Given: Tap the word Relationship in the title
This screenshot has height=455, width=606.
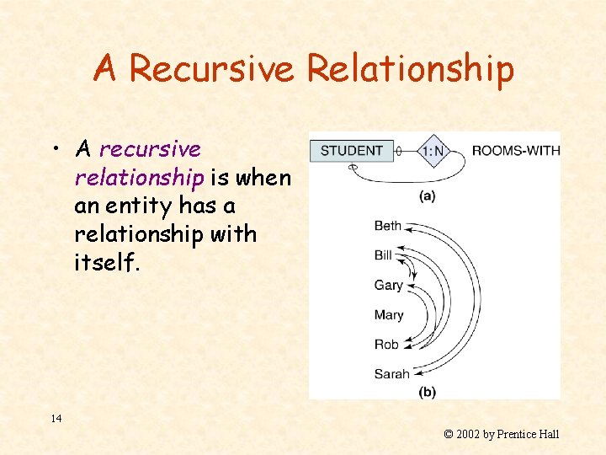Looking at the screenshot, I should point(410,68).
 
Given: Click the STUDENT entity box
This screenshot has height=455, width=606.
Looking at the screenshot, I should point(351,151).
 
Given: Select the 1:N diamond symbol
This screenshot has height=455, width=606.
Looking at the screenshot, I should point(433,152).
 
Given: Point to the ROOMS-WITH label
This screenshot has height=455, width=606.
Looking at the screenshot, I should point(515,151).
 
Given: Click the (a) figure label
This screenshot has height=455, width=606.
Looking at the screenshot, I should point(428,195).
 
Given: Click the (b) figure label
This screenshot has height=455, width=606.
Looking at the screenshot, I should point(428,391).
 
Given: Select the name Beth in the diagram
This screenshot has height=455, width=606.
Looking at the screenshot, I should point(388,226).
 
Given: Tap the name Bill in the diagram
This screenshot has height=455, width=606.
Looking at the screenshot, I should point(383,255).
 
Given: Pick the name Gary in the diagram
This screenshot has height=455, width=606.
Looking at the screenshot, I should point(388,285).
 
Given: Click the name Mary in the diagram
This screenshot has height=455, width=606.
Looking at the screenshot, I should point(388,314).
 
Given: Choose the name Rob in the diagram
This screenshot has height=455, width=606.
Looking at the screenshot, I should point(385,344).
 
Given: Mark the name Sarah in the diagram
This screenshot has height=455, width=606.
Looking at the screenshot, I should point(391,373).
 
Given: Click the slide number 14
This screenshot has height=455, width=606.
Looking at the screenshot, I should point(56,418).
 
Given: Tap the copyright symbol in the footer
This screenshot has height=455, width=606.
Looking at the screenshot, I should point(449,435).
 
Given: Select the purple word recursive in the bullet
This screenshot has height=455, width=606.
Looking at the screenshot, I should point(150,149).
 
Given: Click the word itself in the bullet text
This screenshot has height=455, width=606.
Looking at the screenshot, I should point(106,262).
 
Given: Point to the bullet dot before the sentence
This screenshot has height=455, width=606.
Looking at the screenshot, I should point(53,150).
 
